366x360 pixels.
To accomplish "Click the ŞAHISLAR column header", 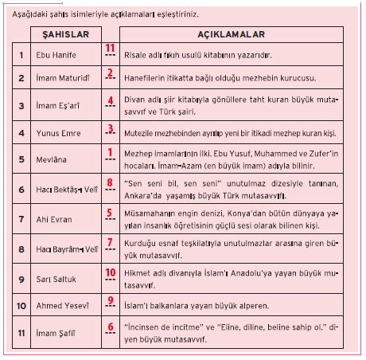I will click(x=71, y=36).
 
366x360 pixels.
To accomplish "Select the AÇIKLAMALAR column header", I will click(x=231, y=36).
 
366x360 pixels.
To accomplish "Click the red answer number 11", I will click(x=110, y=48).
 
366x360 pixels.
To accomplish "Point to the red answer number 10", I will click(x=111, y=272).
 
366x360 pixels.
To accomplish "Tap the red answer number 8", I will click(x=111, y=182).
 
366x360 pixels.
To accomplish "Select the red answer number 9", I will click(x=111, y=299).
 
